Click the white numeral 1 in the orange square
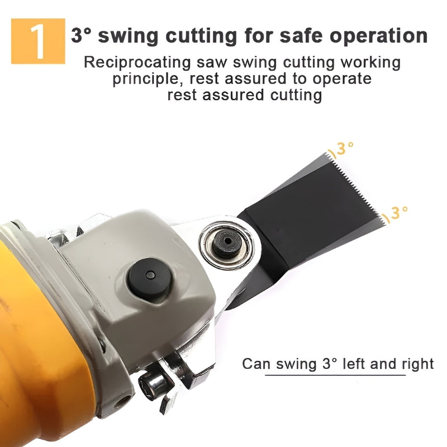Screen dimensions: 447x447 (38, 41)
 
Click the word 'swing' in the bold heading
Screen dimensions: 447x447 (129, 36)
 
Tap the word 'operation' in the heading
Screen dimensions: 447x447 (379, 36)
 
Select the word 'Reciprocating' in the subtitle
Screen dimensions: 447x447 (137, 63)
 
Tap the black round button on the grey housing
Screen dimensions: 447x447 (149, 276)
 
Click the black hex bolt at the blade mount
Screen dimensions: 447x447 (227, 243)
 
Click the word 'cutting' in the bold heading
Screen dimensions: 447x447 (201, 36)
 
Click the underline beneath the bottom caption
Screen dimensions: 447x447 (335, 375)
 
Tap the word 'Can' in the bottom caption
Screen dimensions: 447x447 (255, 364)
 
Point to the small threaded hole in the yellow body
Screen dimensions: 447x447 (122, 403)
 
